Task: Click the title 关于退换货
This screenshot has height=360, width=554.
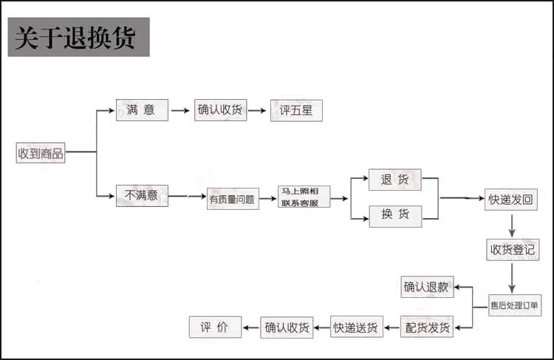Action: coord(78,38)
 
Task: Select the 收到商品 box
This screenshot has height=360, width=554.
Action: coord(41,153)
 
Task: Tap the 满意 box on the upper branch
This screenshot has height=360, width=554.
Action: coord(142,111)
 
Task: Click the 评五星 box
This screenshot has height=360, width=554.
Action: coord(296,111)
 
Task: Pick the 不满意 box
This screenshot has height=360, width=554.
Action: coord(142,196)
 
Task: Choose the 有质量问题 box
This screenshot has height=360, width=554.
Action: coord(233,198)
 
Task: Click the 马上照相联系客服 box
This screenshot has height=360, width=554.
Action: coord(304,197)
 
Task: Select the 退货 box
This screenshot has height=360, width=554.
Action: coord(395,180)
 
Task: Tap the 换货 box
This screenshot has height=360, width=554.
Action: coord(395,215)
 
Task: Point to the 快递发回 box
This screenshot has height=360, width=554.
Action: coord(510,199)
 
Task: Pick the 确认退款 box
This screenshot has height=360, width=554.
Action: coord(428,287)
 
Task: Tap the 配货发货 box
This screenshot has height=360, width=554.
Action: coord(428,327)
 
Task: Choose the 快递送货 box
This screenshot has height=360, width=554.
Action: coord(357,327)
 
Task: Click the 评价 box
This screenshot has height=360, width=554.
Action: coord(215,327)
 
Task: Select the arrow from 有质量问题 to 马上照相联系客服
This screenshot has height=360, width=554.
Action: coord(268,198)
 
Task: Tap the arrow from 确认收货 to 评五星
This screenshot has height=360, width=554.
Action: coord(257,112)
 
